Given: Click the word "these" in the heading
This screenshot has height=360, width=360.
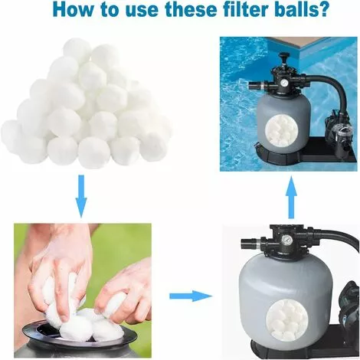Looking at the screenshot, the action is [x=188, y=9].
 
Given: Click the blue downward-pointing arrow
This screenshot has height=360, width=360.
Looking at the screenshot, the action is [x=81, y=196].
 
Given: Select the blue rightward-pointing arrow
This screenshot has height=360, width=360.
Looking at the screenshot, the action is [x=191, y=296].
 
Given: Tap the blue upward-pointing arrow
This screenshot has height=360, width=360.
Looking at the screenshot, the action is [x=291, y=197].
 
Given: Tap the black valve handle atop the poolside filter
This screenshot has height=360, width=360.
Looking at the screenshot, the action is [x=283, y=57].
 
